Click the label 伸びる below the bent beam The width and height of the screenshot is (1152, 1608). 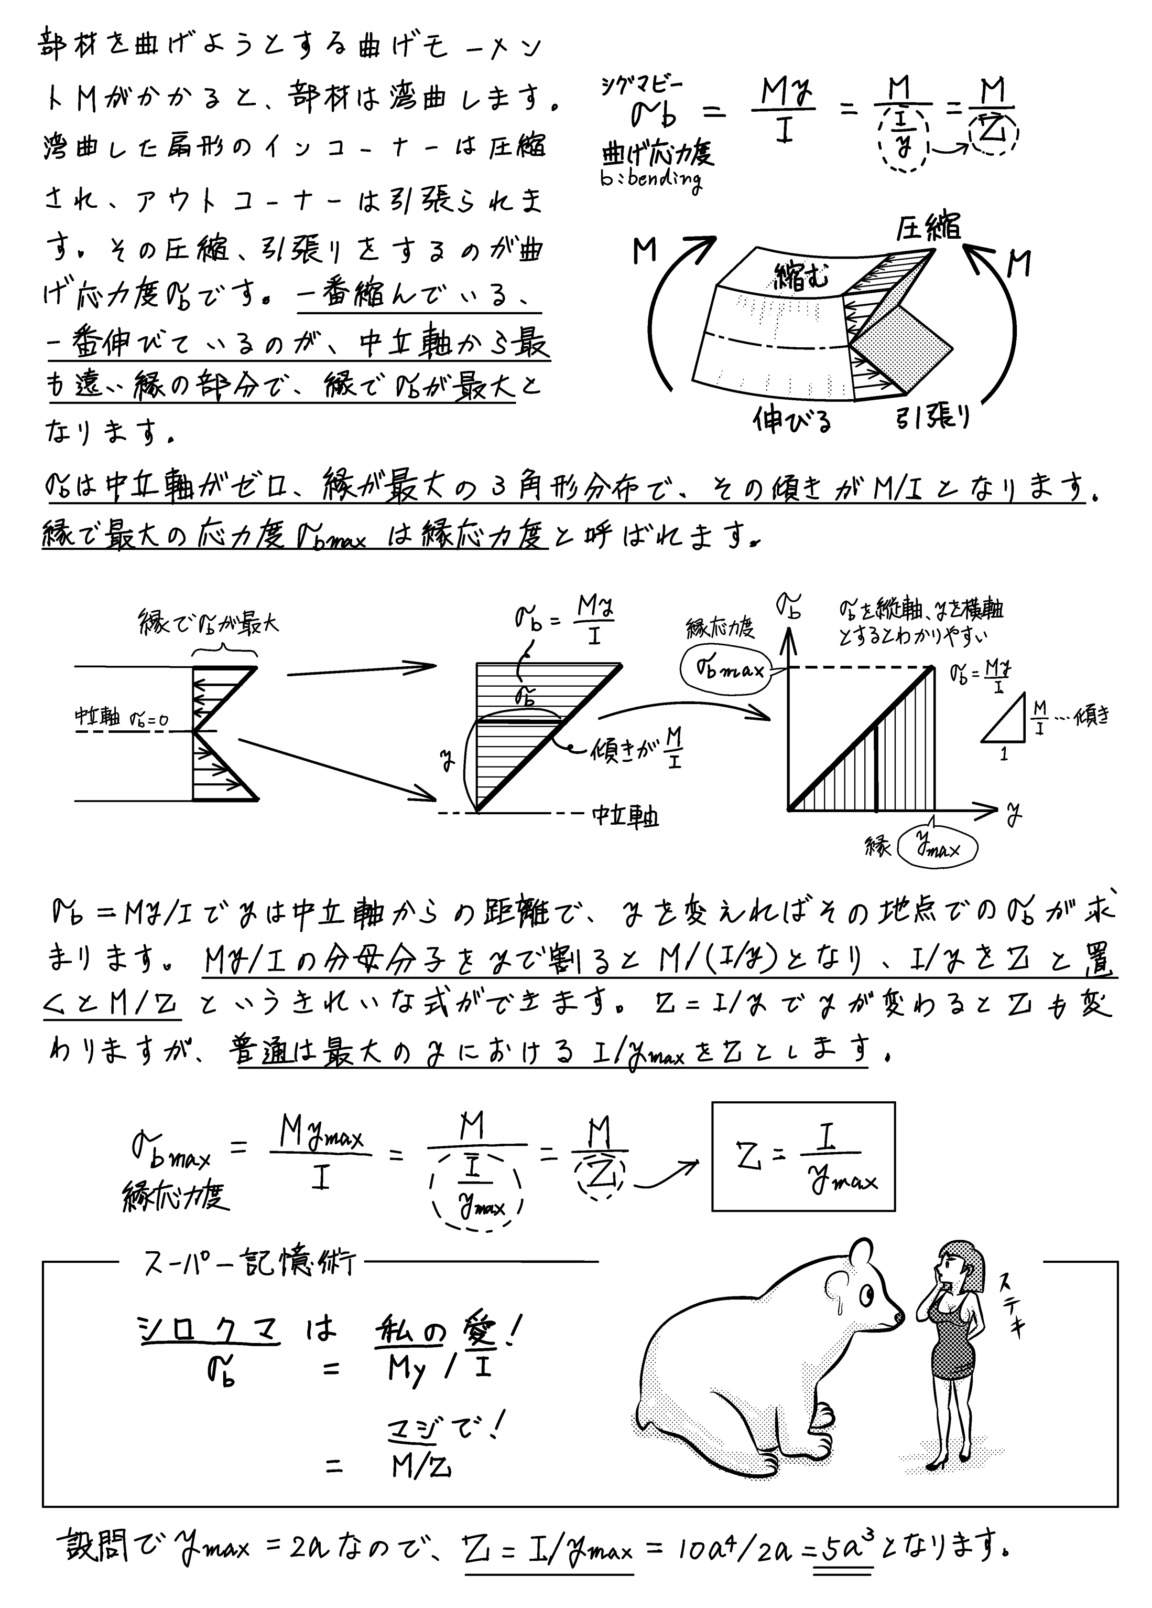pos(792,421)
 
